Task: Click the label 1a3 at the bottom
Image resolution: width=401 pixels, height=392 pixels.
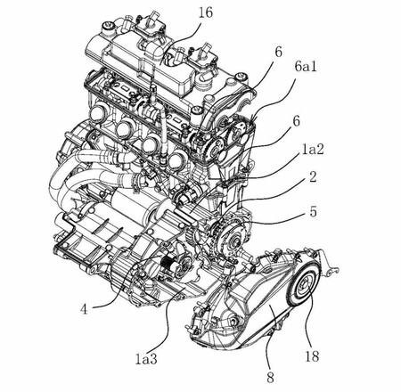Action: pos(147,358)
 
